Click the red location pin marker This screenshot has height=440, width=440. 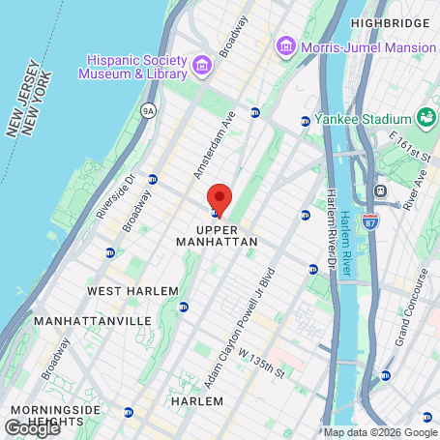220,199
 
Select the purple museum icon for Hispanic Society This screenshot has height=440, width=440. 202,65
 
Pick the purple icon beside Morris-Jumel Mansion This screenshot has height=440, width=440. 285,45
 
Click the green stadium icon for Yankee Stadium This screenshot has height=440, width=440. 426,118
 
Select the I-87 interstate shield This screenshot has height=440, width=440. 371,220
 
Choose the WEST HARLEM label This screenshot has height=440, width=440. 132,291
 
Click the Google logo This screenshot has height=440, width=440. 32,427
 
